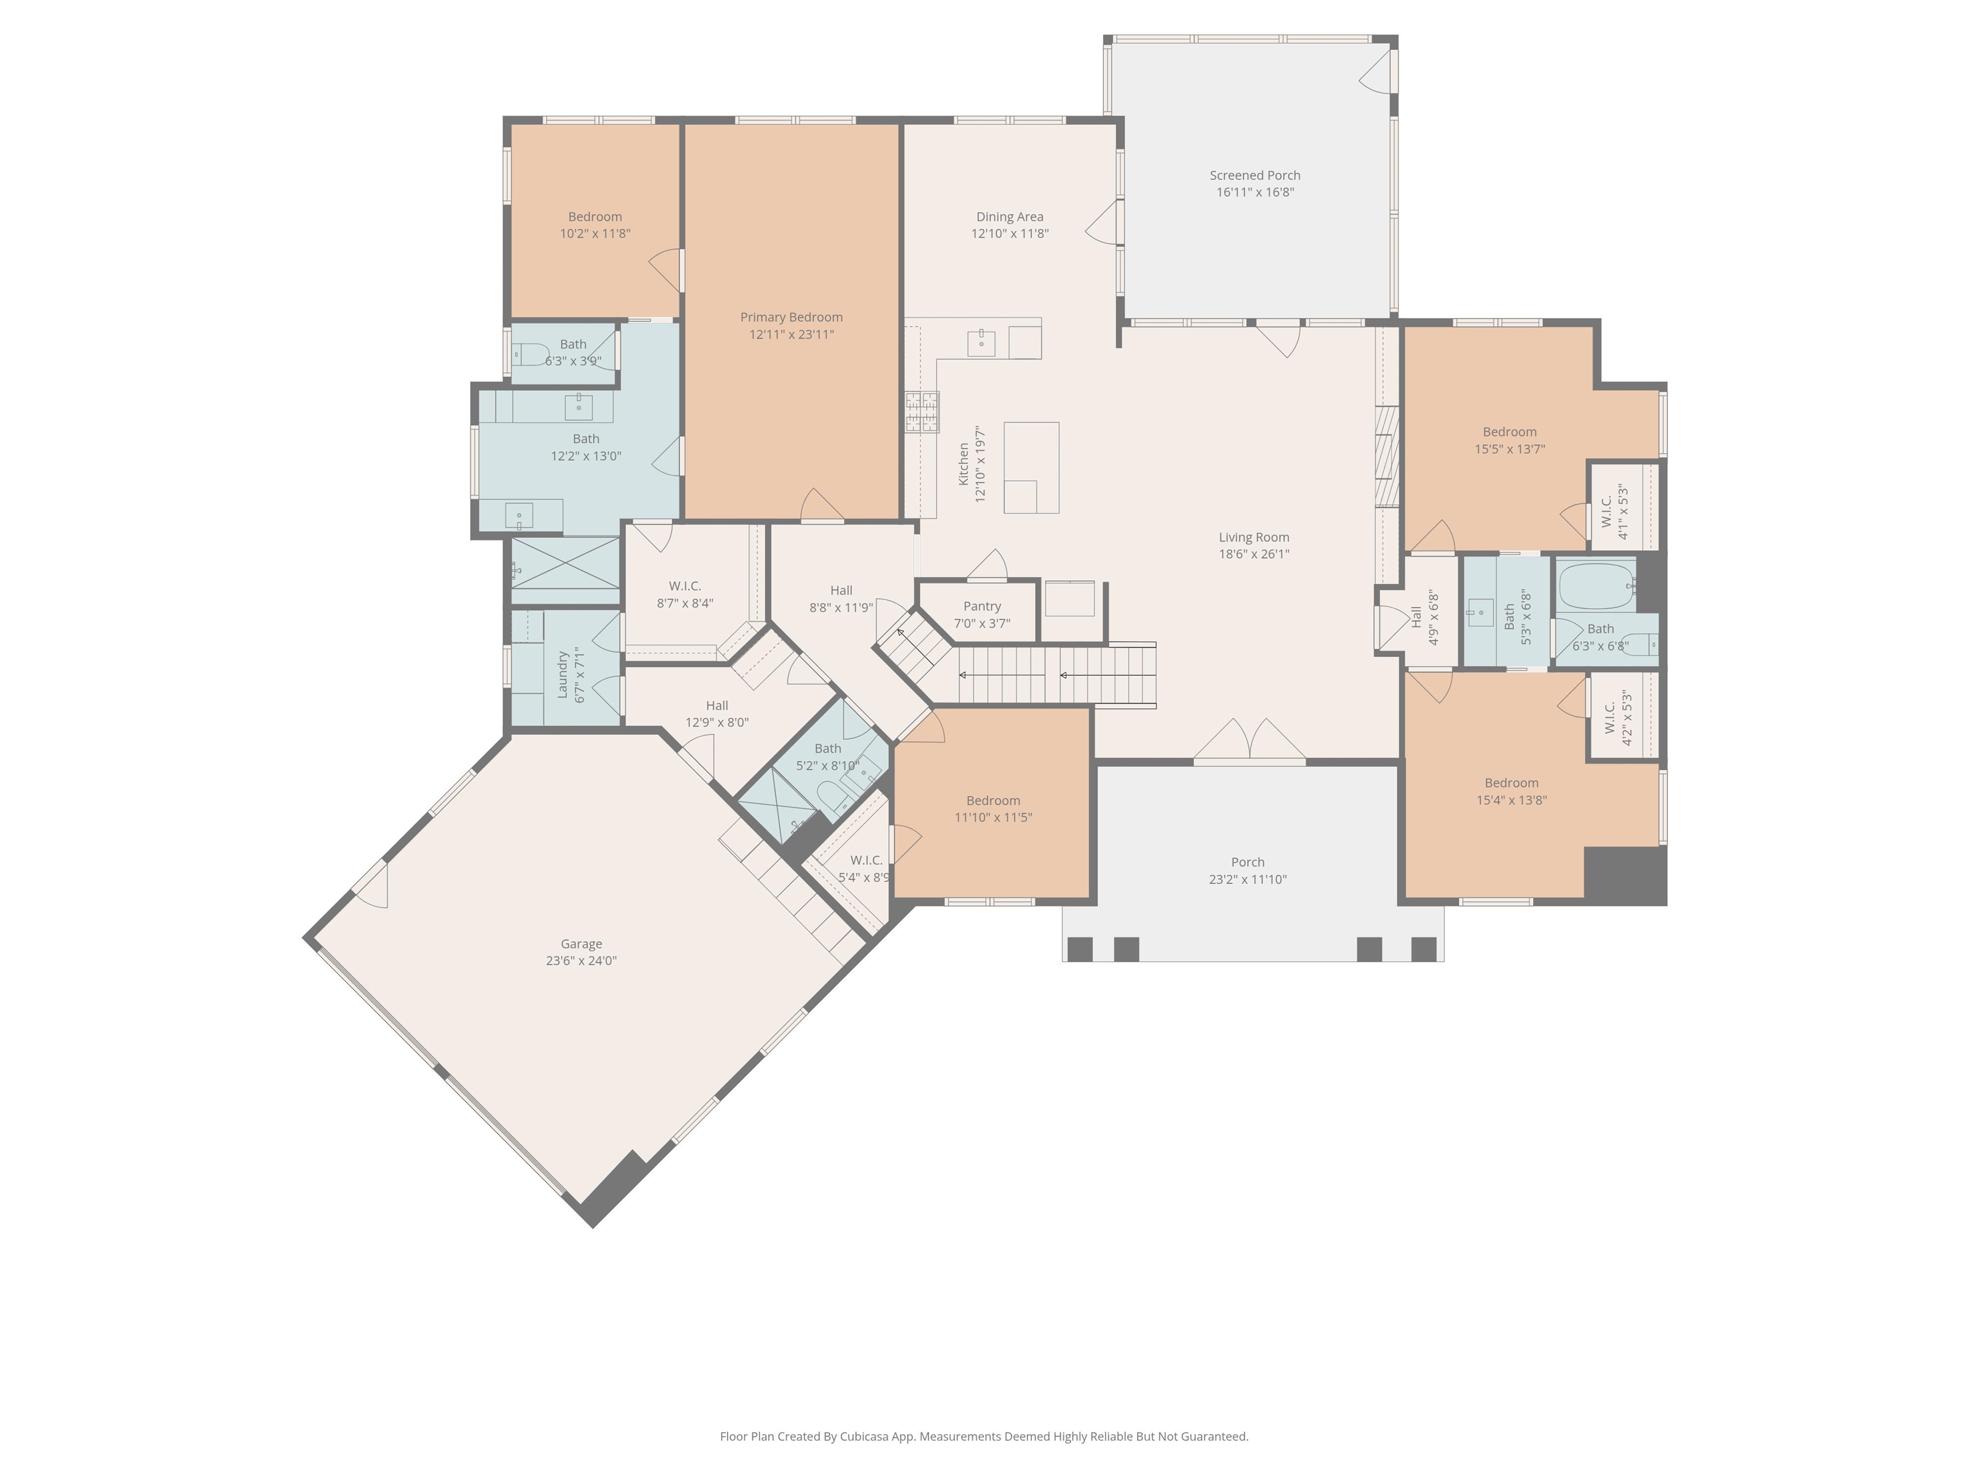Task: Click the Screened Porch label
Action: pyautogui.click(x=1254, y=176)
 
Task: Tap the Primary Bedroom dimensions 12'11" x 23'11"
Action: pyautogui.click(x=792, y=335)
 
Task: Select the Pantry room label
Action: pyautogui.click(x=982, y=606)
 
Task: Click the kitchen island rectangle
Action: pyautogui.click(x=1031, y=467)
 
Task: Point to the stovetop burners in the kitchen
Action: pyautogui.click(x=922, y=412)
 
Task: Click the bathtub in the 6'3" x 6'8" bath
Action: pyautogui.click(x=1596, y=585)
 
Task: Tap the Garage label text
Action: pyautogui.click(x=581, y=944)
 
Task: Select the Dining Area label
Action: pyautogui.click(x=1009, y=216)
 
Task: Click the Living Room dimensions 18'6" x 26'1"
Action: pyautogui.click(x=1253, y=554)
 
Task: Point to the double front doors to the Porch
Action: pyautogui.click(x=1250, y=740)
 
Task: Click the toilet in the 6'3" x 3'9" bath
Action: pyautogui.click(x=531, y=355)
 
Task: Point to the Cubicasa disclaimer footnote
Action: pyautogui.click(x=984, y=1436)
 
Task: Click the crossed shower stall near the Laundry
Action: pyautogui.click(x=566, y=563)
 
